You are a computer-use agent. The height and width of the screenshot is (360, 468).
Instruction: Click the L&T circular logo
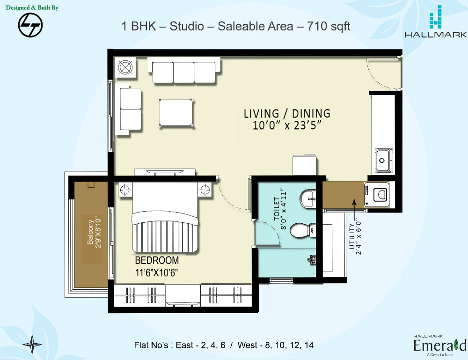30,25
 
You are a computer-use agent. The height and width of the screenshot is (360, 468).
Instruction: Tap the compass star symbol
32,345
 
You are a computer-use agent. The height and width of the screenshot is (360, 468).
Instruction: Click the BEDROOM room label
157,260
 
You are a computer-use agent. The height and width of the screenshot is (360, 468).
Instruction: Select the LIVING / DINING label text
287,113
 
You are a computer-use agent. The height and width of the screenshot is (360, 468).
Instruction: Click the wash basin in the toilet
308,198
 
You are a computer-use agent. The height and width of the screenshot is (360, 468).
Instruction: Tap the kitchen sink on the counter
384,160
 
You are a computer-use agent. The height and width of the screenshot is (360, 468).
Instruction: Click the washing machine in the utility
377,195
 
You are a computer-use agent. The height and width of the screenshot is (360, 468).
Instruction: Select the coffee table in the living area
176,112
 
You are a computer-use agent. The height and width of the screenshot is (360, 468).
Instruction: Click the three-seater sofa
184,70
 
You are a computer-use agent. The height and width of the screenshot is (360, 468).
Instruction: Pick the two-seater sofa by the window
128,109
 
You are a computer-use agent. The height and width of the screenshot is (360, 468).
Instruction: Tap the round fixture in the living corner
125,67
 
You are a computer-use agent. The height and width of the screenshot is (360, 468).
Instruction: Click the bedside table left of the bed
125,190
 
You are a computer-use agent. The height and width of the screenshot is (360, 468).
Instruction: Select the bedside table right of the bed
205,190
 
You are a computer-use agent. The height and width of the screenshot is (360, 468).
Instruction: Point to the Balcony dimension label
95,232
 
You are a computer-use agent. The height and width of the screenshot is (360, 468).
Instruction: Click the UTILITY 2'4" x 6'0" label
355,238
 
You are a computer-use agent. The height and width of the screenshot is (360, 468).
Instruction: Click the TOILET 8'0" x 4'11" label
280,209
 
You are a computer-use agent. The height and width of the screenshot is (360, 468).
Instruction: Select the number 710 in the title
318,26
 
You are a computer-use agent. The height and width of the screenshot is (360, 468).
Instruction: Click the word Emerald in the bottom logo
440,345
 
